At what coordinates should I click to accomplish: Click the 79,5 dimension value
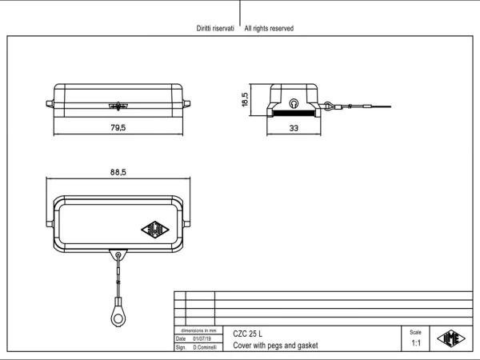point(118,127)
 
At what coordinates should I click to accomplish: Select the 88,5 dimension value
point(118,172)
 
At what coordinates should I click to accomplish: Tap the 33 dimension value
point(294,128)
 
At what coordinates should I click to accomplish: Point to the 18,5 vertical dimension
point(245,99)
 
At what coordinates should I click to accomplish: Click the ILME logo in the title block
point(451,338)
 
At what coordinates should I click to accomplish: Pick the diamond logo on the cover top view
point(155,230)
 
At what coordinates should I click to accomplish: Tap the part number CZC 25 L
point(247,334)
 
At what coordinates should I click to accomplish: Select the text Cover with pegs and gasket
point(275,346)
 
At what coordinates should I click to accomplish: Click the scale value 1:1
point(415,343)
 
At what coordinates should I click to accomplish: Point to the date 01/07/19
point(202,339)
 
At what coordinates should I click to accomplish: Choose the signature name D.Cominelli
point(205,347)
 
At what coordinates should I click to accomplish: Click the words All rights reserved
point(269,29)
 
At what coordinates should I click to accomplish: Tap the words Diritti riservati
point(215,29)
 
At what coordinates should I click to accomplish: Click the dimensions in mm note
point(198,330)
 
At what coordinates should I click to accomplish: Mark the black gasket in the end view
point(294,114)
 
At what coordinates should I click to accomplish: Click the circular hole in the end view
point(294,103)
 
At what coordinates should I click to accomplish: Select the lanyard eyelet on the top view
point(118,254)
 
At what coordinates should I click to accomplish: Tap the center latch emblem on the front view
point(118,106)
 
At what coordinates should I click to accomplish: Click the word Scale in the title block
point(415,332)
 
